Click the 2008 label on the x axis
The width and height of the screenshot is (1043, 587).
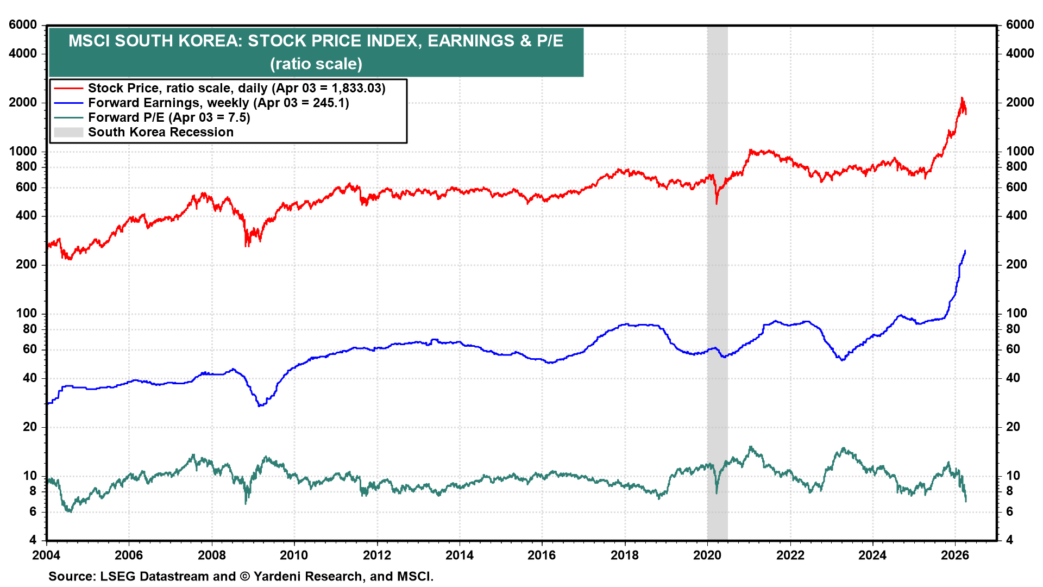click(x=211, y=555)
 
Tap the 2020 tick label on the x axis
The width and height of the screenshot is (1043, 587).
click(x=707, y=555)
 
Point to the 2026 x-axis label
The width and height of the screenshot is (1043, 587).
click(x=954, y=555)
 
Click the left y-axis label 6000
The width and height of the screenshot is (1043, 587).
click(x=23, y=25)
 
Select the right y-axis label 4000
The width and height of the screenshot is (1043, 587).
click(x=1020, y=54)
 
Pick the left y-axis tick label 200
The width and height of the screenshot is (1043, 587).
click(x=27, y=265)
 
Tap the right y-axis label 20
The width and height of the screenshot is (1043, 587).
click(x=1013, y=427)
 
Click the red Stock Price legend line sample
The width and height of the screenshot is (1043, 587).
click(x=68, y=88)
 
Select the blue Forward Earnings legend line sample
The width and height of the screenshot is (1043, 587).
click(x=68, y=103)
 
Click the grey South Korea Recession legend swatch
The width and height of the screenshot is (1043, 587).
click(x=68, y=132)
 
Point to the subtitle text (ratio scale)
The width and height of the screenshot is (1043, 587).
click(x=316, y=64)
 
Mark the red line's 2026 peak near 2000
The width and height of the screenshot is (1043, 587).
click(x=962, y=98)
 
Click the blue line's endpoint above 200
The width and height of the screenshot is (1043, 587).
click(x=965, y=251)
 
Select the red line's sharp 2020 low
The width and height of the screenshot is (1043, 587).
click(x=717, y=203)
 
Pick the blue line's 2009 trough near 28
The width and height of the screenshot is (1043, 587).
click(x=260, y=406)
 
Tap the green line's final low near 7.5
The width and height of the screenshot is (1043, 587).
click(x=966, y=501)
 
